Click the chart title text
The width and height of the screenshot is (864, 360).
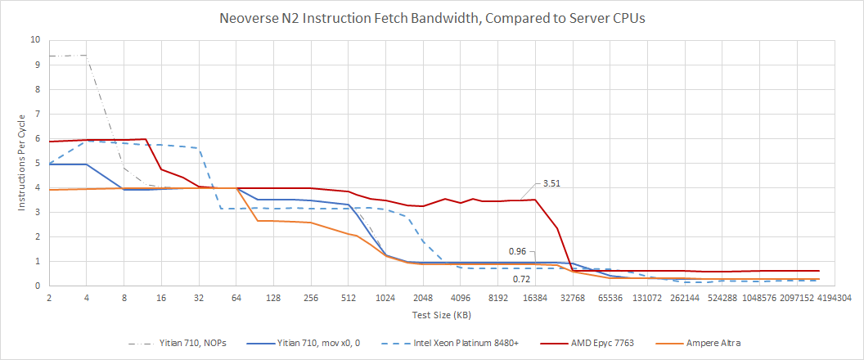click(x=431, y=19)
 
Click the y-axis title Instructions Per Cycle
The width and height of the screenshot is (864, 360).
click(x=23, y=163)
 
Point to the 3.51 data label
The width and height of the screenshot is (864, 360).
click(x=550, y=184)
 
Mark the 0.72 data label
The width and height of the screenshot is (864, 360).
click(x=520, y=279)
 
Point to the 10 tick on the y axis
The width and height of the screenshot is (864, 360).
click(x=34, y=39)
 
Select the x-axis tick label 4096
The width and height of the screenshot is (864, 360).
click(x=460, y=299)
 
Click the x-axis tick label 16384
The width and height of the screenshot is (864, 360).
click(x=534, y=299)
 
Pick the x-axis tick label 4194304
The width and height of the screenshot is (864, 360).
click(x=834, y=299)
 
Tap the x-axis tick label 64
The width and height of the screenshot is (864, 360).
click(x=236, y=299)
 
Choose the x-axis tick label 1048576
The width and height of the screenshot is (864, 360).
click(x=758, y=299)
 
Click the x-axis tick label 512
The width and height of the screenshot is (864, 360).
click(x=348, y=299)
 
